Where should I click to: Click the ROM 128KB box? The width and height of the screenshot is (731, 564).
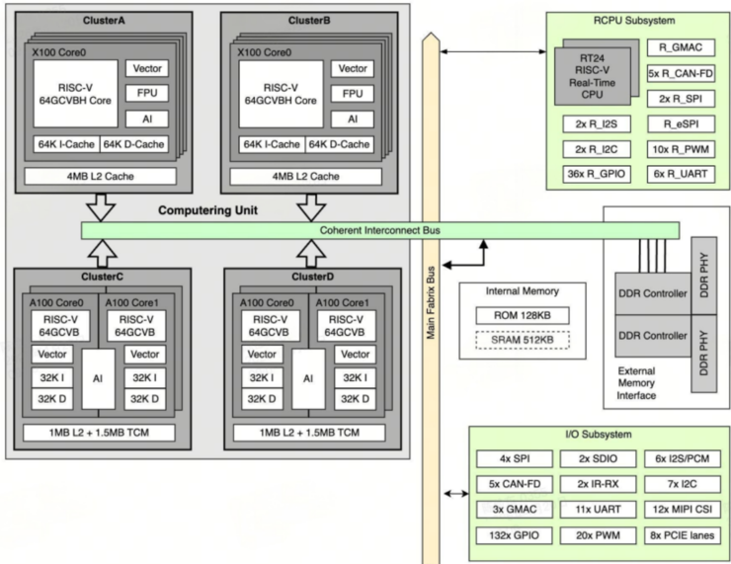tap(521, 314)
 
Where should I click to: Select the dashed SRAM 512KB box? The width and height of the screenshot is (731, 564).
tap(521, 340)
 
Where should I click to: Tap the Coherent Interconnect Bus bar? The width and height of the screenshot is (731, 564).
tap(380, 230)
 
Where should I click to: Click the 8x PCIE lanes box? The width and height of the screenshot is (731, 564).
tap(681, 536)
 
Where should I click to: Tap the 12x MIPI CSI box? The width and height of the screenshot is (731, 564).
tap(681, 511)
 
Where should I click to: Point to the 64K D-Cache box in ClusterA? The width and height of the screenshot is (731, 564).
tap(133, 145)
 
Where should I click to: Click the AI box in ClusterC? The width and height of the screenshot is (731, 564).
tap(98, 377)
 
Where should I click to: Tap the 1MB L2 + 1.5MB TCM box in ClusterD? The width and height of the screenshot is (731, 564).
tap(309, 433)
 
